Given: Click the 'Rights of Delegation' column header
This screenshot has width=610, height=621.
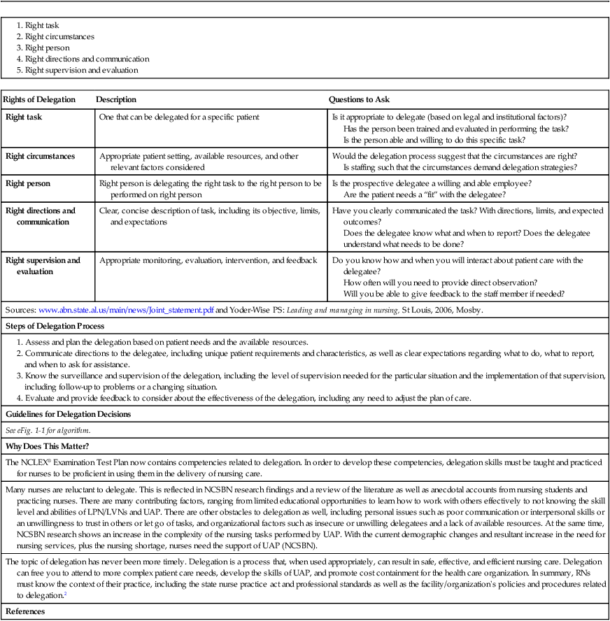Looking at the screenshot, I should click(41, 100).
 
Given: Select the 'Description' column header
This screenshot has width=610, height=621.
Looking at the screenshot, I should click(116, 100).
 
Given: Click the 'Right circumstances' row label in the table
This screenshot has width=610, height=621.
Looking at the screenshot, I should click(41, 156).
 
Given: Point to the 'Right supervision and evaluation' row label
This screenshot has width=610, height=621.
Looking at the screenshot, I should click(43, 266).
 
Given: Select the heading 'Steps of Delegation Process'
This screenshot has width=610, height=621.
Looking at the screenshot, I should click(55, 326).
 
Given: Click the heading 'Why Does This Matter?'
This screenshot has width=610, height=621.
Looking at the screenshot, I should click(45, 446).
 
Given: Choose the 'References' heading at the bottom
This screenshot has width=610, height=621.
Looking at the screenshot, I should click(25, 611).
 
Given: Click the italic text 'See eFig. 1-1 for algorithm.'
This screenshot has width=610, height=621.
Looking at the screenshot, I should click(48, 430).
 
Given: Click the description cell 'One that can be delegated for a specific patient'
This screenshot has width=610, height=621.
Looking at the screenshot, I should click(179, 117).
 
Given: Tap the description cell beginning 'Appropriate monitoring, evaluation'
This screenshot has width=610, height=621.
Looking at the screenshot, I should click(208, 261).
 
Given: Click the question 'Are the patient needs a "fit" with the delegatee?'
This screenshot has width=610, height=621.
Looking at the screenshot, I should click(424, 194).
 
